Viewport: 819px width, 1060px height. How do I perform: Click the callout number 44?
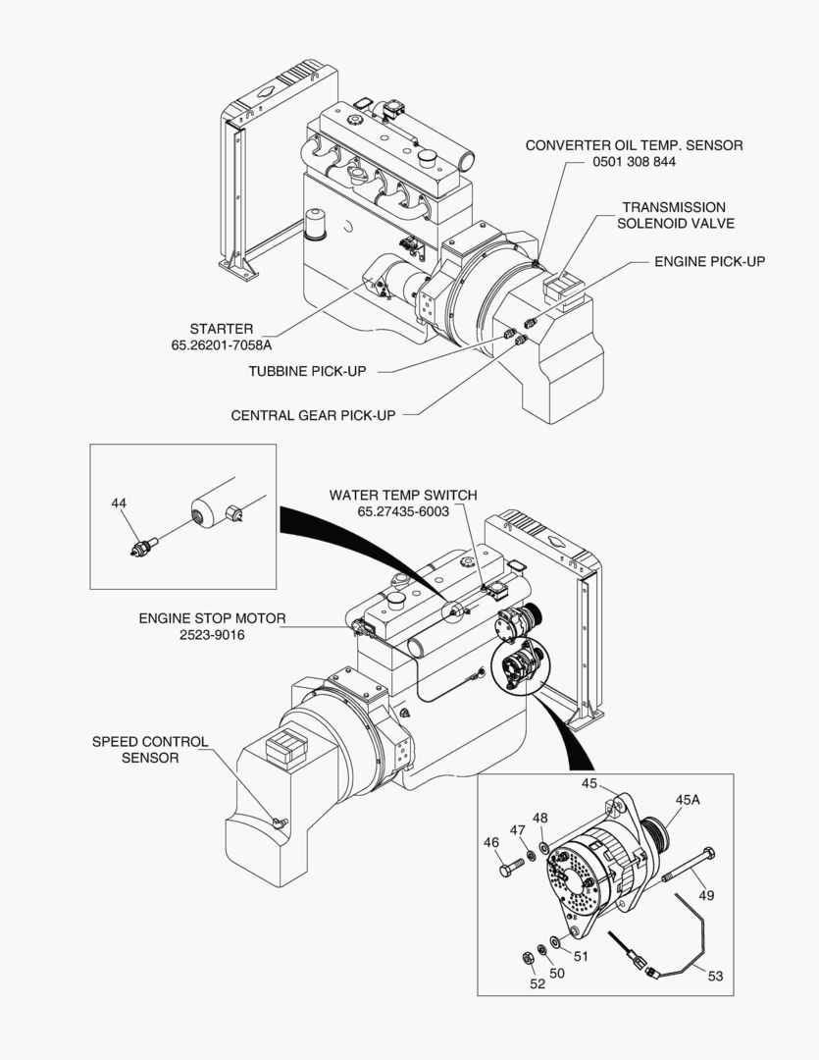[x=119, y=503]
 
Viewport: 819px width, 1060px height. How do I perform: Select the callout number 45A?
[x=689, y=800]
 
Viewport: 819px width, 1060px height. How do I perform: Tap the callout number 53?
[x=715, y=975]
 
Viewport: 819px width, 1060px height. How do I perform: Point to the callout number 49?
[x=706, y=895]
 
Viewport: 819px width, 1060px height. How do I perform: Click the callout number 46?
[x=491, y=841]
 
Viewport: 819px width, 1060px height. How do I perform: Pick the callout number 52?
[x=537, y=984]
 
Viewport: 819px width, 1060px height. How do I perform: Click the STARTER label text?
[x=222, y=329]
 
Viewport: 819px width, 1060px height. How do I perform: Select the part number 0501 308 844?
[x=634, y=162]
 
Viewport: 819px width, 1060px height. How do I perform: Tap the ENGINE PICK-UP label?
[x=710, y=262]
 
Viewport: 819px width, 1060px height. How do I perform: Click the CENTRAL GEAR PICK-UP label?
[x=313, y=415]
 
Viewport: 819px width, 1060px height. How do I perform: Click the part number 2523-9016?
[x=212, y=635]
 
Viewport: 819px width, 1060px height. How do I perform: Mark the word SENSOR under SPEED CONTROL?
[x=150, y=758]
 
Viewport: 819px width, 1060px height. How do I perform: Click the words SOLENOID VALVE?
[x=675, y=224]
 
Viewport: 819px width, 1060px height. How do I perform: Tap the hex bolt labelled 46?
[x=510, y=870]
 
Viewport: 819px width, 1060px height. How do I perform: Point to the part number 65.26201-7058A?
[x=222, y=345]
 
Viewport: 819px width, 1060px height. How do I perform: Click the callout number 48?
[x=540, y=818]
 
